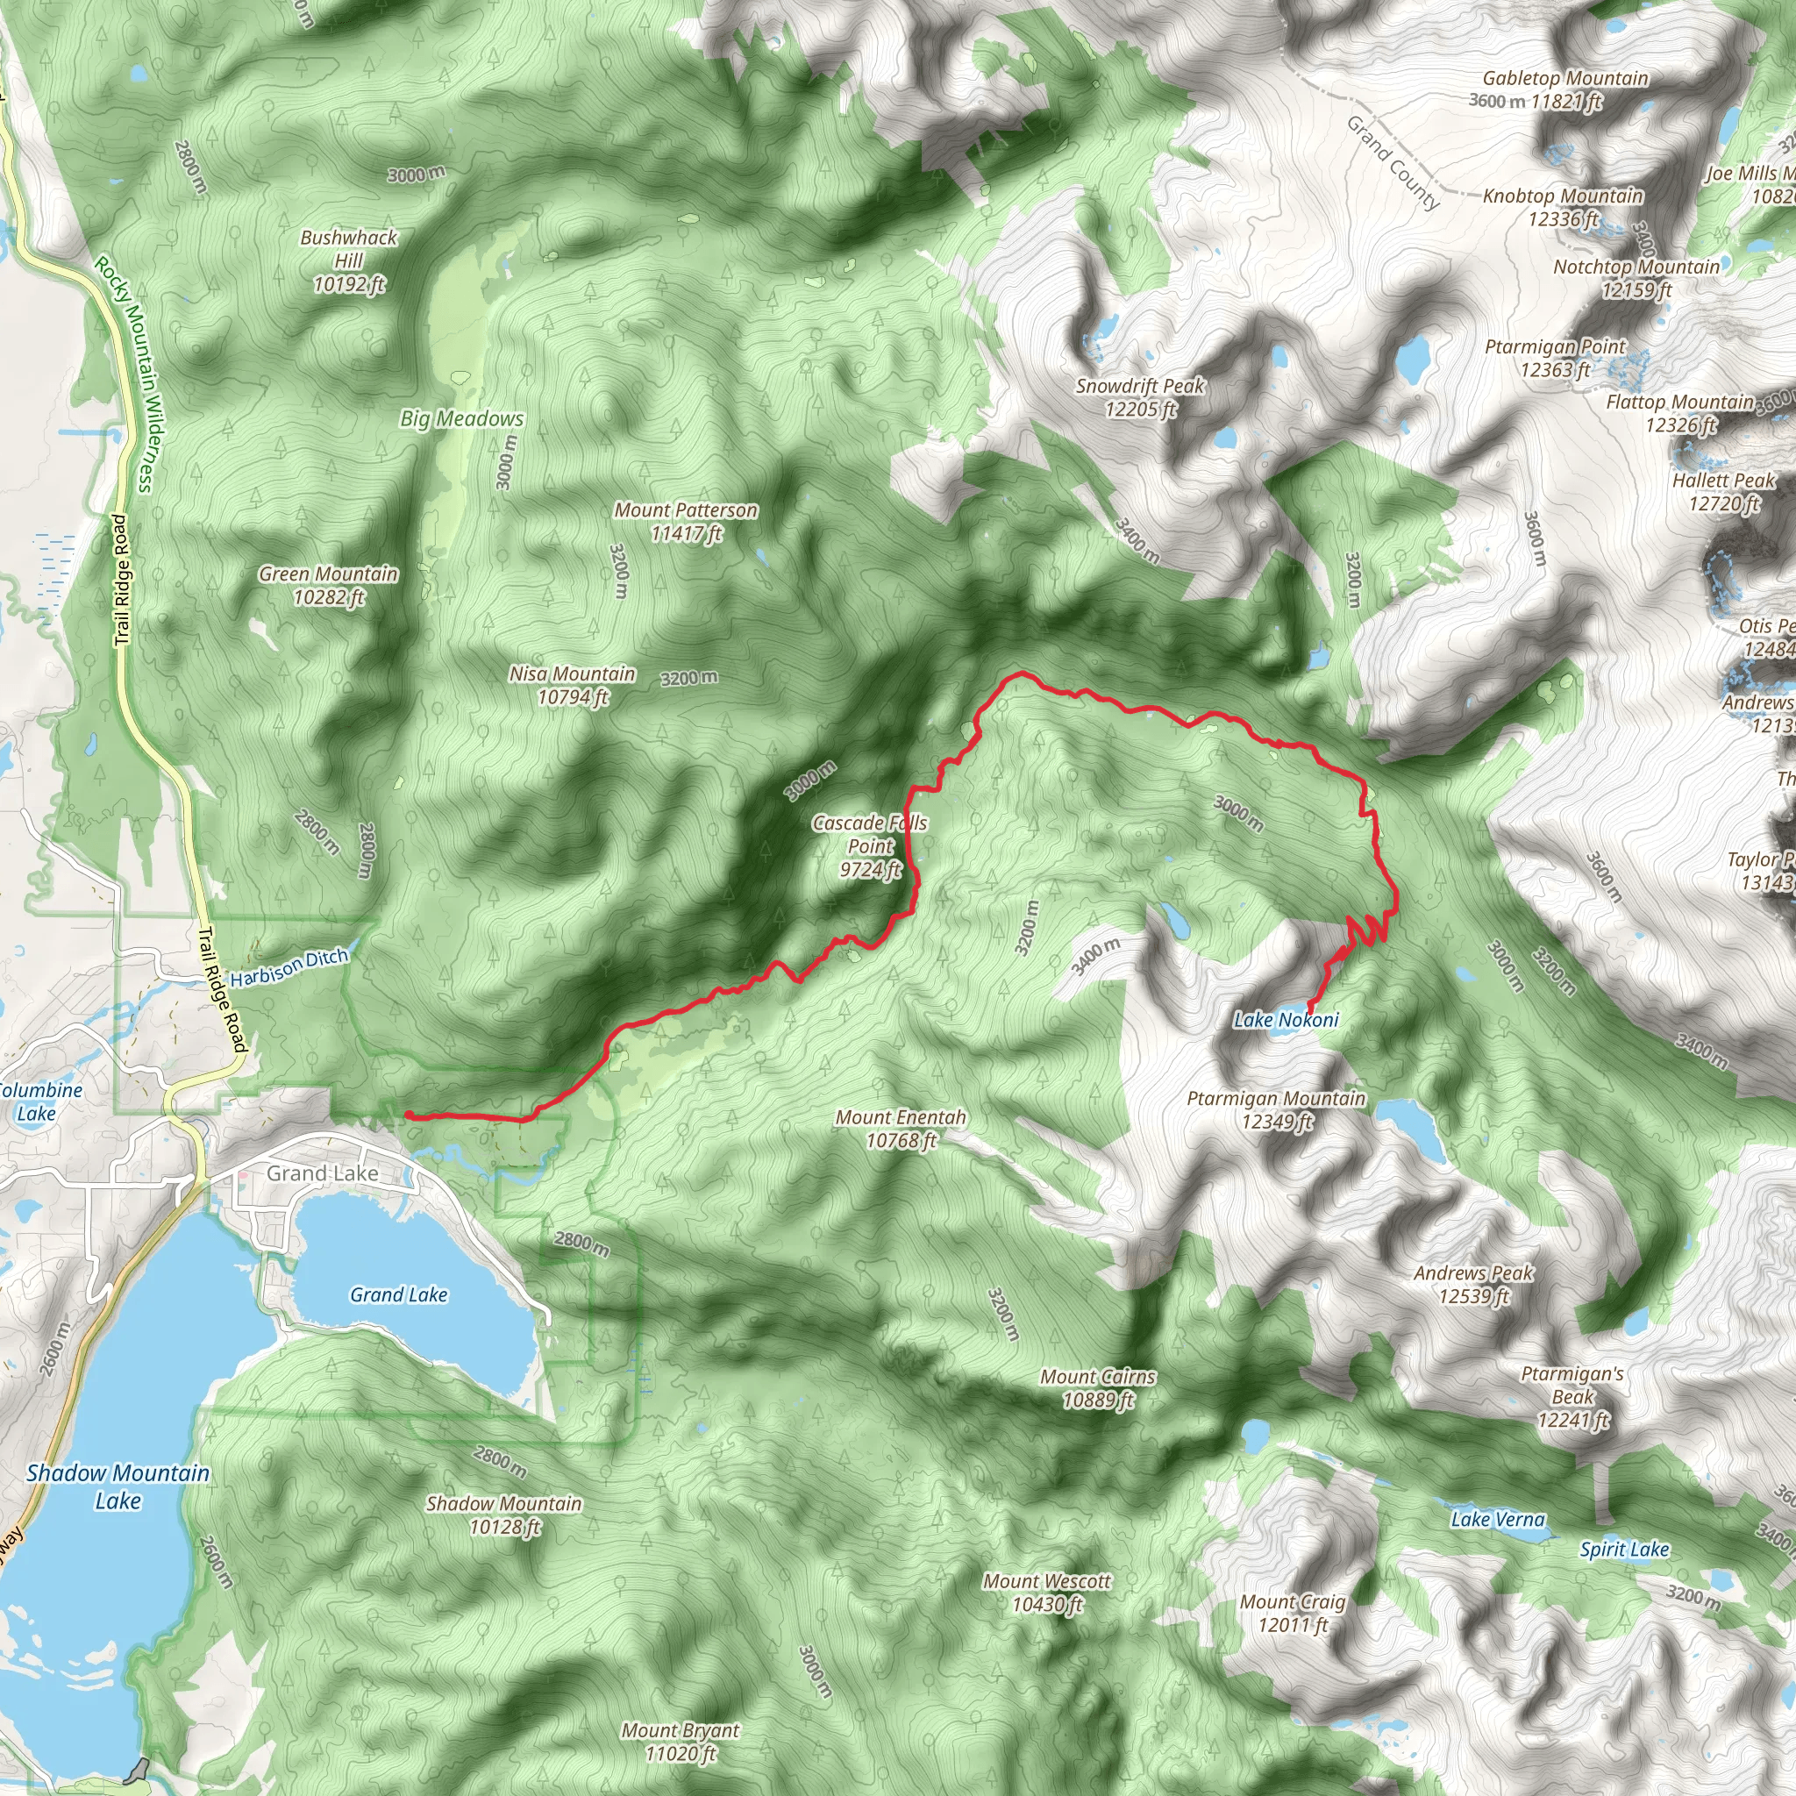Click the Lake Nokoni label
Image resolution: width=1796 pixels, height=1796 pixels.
[x=1286, y=1020]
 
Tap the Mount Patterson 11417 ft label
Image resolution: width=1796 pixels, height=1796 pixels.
[x=685, y=522]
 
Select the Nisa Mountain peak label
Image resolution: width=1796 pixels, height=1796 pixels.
[x=572, y=685]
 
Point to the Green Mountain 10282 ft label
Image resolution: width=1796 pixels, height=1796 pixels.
[x=328, y=586]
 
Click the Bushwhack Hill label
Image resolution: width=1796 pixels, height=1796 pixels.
[x=349, y=261]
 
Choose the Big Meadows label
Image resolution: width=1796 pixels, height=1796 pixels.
[x=462, y=418]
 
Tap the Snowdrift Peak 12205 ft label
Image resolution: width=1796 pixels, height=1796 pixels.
[x=1140, y=397]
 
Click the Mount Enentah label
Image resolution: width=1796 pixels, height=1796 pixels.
[x=901, y=1129]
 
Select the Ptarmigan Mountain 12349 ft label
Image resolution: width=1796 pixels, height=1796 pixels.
[x=1276, y=1110]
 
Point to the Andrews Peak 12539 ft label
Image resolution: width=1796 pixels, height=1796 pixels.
[x=1473, y=1284]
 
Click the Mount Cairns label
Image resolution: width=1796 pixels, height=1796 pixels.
[x=1098, y=1388]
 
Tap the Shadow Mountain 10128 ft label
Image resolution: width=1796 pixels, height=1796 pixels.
[x=504, y=1515]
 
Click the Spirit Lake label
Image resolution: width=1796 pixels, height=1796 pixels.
[x=1624, y=1550]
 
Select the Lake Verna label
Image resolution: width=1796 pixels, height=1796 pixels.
[x=1498, y=1519]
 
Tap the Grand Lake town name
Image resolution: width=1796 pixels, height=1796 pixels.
[x=323, y=1173]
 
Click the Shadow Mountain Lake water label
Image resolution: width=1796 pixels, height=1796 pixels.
[x=118, y=1486]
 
